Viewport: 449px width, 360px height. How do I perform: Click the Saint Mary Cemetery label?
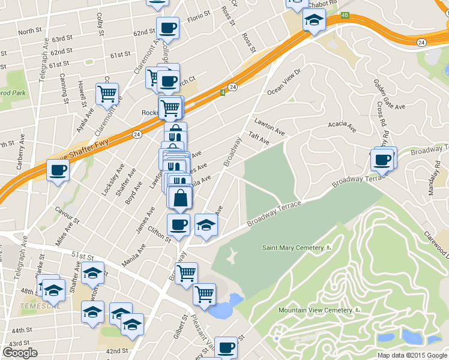pos(293,247)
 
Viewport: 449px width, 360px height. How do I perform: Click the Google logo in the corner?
pos(20,353)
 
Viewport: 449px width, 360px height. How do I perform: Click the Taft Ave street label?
pos(259,138)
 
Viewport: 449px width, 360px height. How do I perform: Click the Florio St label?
pos(197,15)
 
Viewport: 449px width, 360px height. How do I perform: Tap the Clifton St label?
pos(159,235)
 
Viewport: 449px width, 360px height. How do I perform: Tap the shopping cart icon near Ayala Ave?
pos(107,93)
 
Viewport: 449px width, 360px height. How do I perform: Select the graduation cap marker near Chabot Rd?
pos(313,20)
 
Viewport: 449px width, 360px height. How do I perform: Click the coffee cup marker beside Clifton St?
pos(178,225)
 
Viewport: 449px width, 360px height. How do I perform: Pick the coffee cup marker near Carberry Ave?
pos(58,170)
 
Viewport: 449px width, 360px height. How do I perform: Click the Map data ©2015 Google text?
pos(412,355)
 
